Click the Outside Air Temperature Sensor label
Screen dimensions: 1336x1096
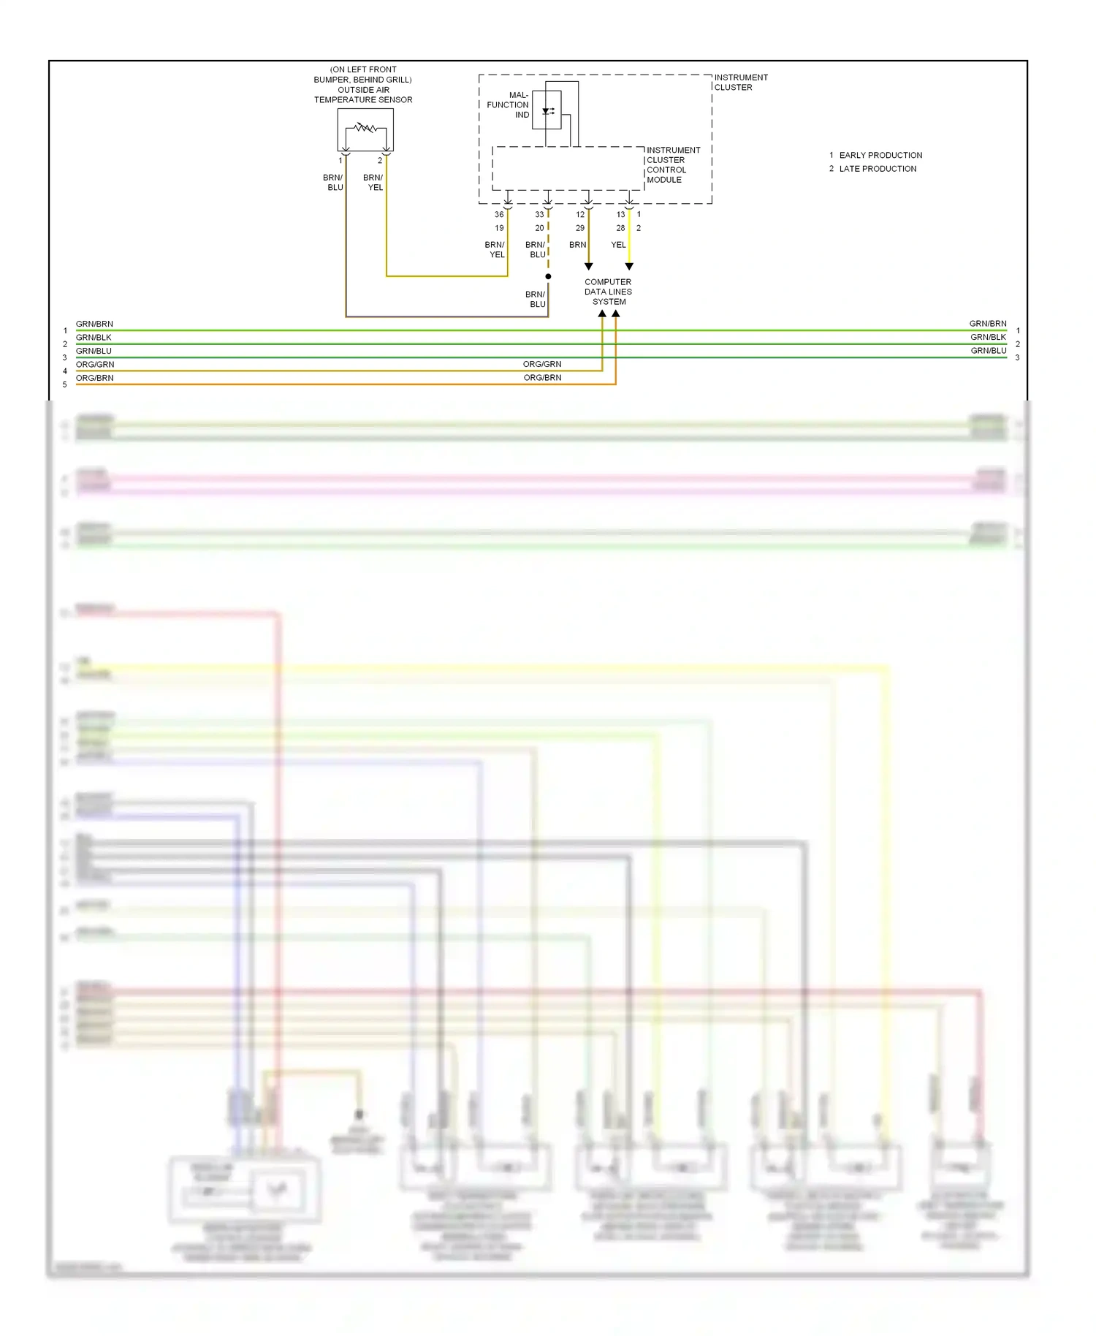[363, 94]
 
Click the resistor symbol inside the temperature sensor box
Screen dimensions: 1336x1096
[365, 128]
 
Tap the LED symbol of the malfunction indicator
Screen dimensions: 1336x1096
[547, 111]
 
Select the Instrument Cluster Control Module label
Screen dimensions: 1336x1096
[672, 164]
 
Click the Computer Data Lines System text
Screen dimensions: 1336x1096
[608, 292]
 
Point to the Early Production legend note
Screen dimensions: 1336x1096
[880, 155]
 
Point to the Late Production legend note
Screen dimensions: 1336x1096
[877, 169]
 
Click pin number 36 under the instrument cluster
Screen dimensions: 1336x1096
[499, 214]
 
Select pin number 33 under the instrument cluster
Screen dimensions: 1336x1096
[539, 214]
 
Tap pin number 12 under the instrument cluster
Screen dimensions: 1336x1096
[580, 214]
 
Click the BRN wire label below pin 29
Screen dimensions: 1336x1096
[577, 245]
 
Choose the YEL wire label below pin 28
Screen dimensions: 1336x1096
[618, 245]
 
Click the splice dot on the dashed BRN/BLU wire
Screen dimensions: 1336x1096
[548, 276]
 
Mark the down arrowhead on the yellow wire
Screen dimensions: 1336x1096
[629, 267]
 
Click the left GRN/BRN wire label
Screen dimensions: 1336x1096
[94, 324]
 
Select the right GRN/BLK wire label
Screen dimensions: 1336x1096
[988, 337]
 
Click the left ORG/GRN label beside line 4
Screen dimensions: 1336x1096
[95, 364]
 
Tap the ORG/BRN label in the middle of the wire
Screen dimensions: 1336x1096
[542, 378]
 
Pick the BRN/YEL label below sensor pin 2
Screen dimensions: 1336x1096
[373, 182]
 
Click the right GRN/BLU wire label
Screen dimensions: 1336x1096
[988, 351]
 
